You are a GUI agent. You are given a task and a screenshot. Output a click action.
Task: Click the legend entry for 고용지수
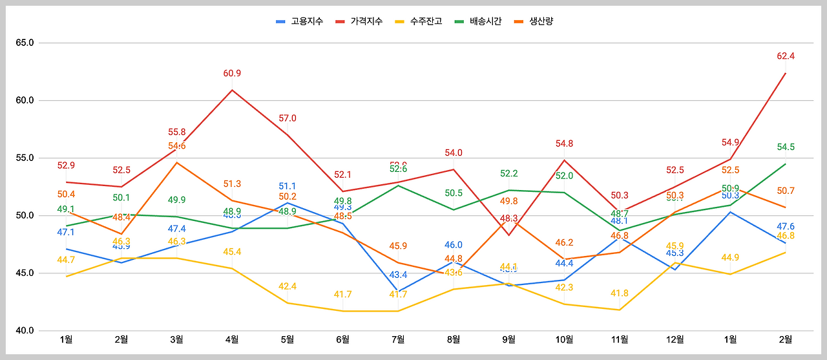299,21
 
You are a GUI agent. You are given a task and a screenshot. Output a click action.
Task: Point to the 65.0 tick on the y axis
25,43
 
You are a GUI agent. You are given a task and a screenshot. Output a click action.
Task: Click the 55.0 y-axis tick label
25,158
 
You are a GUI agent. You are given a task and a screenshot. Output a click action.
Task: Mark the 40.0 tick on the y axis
25,330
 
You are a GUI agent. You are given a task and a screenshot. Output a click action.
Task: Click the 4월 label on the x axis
232,339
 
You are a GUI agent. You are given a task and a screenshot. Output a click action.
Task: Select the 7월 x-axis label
398,339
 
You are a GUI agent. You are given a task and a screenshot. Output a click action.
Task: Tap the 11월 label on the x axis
620,339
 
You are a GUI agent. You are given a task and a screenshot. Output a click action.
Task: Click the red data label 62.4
786,56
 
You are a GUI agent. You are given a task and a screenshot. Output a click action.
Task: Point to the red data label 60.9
232,73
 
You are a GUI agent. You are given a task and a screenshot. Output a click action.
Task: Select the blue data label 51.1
288,187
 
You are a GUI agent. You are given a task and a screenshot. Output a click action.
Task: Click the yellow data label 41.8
620,293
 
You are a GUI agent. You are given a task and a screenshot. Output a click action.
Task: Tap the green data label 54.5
786,147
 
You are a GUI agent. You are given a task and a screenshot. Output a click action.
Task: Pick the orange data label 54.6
176,146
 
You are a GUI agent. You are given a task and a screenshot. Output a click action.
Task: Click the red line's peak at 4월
232,90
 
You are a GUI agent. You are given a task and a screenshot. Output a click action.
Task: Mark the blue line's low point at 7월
398,291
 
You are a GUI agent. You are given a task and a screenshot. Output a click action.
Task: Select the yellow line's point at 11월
620,310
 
